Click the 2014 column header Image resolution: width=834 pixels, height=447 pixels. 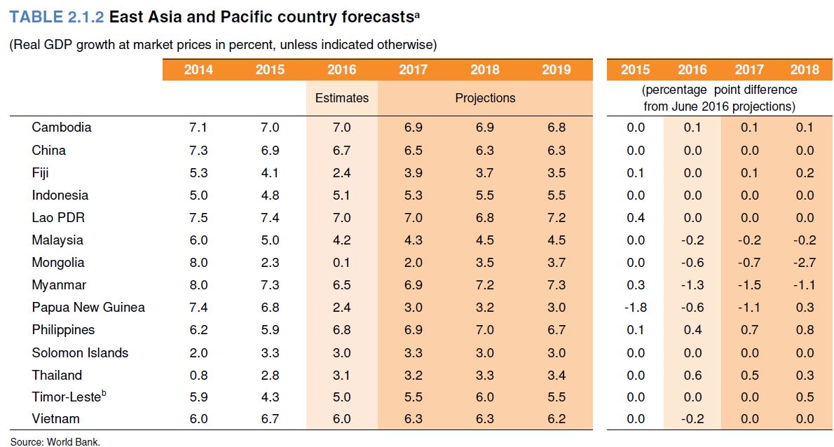(198, 69)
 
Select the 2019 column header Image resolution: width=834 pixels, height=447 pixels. (556, 69)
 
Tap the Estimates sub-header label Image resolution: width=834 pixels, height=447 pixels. (341, 98)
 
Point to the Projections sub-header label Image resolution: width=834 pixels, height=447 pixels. (485, 98)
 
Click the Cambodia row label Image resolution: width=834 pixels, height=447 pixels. (62, 128)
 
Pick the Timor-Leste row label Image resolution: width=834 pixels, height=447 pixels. (67, 397)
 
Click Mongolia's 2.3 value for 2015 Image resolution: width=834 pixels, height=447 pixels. (270, 262)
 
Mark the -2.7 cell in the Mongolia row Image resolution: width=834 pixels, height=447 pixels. (805, 262)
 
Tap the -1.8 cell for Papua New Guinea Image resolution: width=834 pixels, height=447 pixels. (635, 307)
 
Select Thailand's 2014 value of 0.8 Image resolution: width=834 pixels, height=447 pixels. (198, 375)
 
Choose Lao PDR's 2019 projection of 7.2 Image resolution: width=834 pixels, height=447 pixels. (556, 217)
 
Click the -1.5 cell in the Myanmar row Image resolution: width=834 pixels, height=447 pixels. (748, 284)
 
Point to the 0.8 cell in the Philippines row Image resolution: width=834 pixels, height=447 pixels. (805, 329)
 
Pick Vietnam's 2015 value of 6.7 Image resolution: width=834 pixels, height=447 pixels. (270, 419)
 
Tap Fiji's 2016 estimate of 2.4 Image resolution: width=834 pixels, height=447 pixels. (341, 172)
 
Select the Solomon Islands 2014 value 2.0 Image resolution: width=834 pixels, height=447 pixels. (198, 352)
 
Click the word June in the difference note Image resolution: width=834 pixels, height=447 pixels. (695, 106)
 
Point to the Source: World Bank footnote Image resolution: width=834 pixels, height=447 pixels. (55, 441)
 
